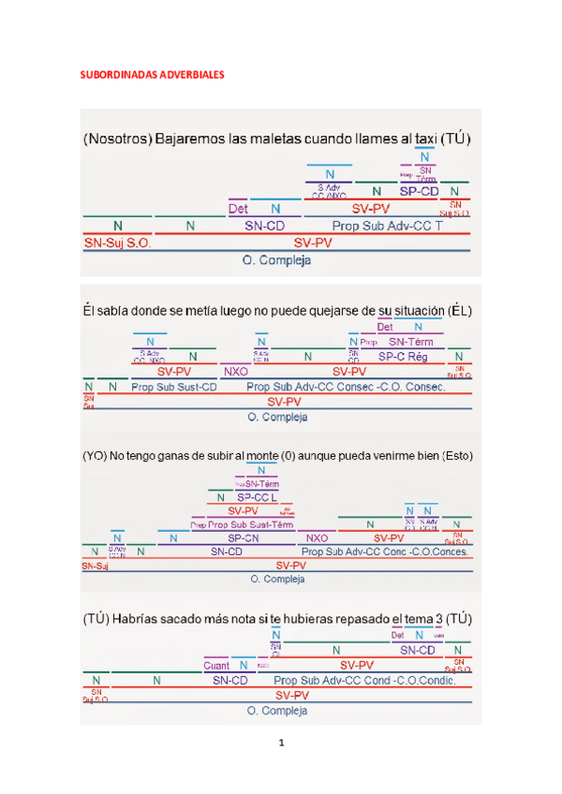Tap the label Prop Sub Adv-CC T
click(x=387, y=226)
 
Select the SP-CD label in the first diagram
click(x=419, y=191)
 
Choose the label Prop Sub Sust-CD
click(x=174, y=386)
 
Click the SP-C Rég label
click(x=403, y=357)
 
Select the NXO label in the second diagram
click(x=235, y=371)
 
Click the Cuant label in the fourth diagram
click(x=216, y=666)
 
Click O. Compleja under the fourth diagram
click(x=278, y=711)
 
